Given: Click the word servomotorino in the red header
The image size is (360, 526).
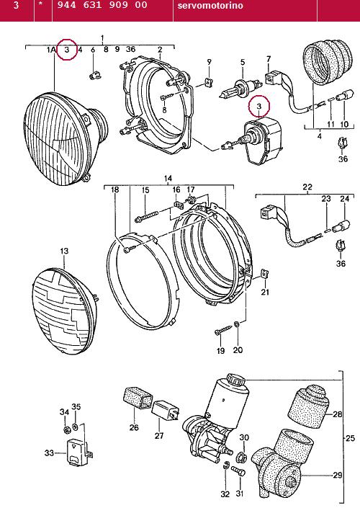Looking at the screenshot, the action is pyautogui.click(x=210, y=6).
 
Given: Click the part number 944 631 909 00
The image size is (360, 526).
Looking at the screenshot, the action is pyautogui.click(x=102, y=5).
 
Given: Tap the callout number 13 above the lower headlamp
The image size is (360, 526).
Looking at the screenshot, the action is pyautogui.click(x=64, y=251).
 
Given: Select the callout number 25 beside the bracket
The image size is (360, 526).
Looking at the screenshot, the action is pyautogui.click(x=350, y=438).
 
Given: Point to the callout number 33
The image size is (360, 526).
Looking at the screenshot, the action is pyautogui.click(x=49, y=453).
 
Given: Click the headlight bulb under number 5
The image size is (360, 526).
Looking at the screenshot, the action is pyautogui.click(x=240, y=89).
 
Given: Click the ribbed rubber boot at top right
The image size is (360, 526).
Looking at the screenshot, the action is pyautogui.click(x=328, y=61).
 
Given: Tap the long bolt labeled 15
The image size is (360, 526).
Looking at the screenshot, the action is pyautogui.click(x=146, y=216).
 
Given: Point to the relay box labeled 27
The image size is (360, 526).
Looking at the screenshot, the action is pyautogui.click(x=166, y=409).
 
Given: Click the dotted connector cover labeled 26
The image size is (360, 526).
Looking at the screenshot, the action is pyautogui.click(x=138, y=398).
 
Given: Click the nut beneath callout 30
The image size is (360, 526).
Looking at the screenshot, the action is pyautogui.click(x=242, y=456).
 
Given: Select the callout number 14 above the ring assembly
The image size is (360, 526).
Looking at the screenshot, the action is pyautogui.click(x=168, y=178).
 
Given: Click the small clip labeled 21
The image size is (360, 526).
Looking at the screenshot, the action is pyautogui.click(x=265, y=274).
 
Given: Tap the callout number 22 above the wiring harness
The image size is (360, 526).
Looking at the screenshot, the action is pyautogui.click(x=307, y=187).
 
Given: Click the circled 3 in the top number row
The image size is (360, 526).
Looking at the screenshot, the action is pyautogui.click(x=67, y=49).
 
